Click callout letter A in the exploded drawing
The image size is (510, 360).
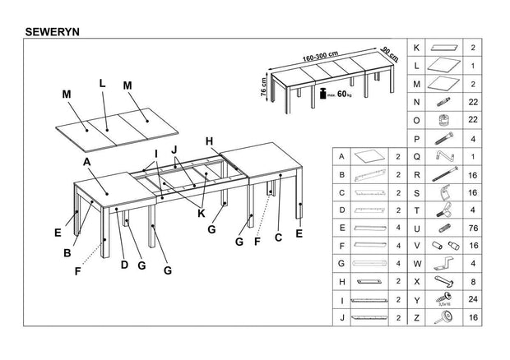[86, 162]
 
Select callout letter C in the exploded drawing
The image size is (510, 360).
[279, 238]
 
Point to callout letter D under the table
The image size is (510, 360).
[125, 264]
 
